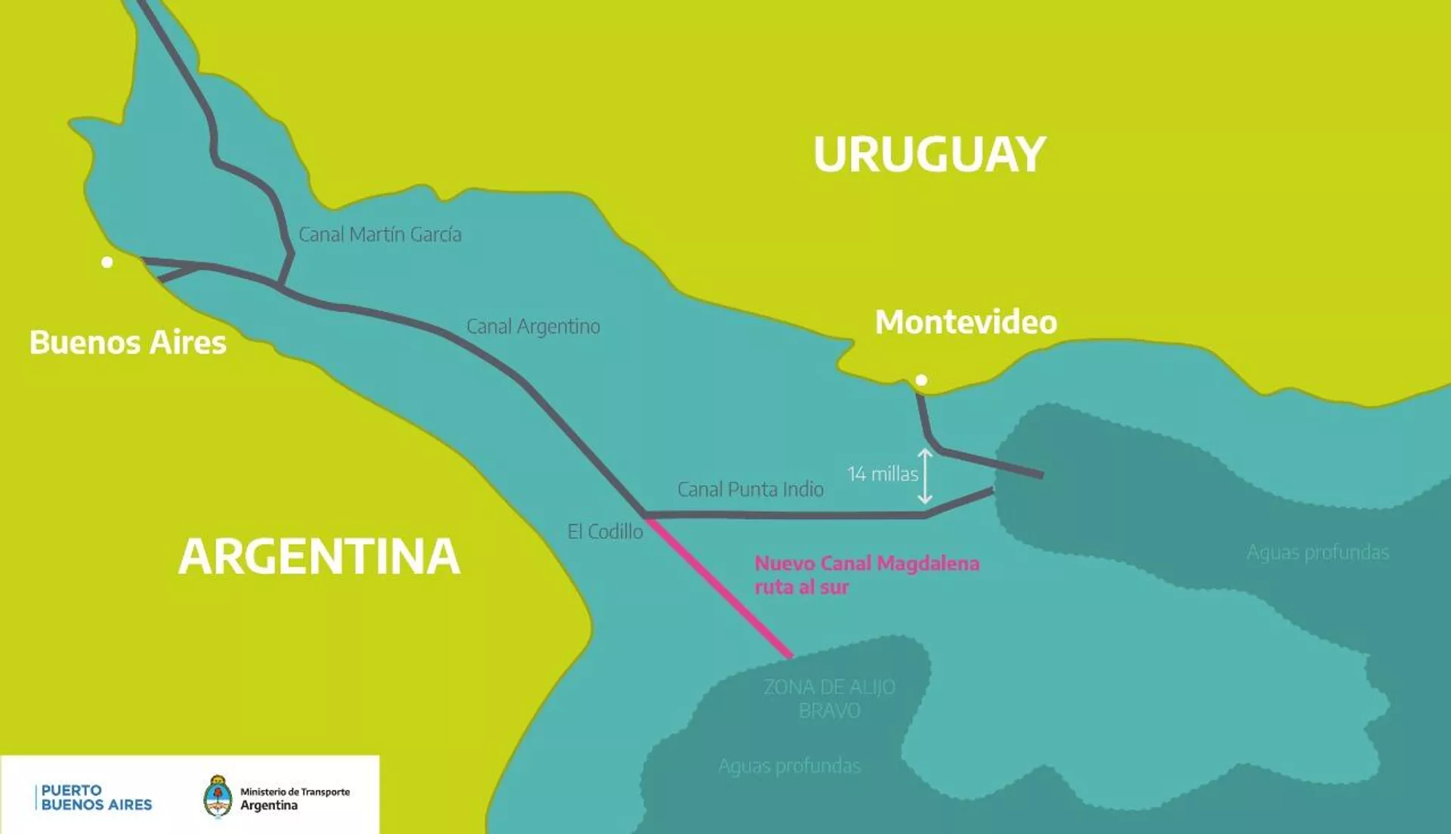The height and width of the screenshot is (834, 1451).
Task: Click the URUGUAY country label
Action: point(929,154)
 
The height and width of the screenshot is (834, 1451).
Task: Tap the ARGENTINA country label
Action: point(319,557)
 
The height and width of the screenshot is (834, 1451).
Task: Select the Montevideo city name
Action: point(965,323)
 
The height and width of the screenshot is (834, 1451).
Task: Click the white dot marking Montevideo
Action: point(921,380)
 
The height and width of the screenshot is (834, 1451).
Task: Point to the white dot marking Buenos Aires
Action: point(107,262)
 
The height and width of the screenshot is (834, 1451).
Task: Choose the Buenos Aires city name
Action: point(128,343)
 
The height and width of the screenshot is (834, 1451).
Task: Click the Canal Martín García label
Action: point(379,235)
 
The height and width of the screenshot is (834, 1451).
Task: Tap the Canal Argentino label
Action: point(533,326)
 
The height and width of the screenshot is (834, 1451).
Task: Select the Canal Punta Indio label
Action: point(750,490)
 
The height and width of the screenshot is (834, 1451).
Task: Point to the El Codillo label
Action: point(605,532)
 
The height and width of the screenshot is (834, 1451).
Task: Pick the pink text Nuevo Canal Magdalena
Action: point(866,564)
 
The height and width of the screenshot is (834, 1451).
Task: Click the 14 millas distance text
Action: point(882,474)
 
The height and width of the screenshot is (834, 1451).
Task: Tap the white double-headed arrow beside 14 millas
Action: point(925,476)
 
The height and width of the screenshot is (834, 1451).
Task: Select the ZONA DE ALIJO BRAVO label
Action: point(829,699)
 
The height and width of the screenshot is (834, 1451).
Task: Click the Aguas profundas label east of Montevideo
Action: point(1317,552)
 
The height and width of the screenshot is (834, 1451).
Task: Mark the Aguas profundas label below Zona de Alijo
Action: point(789,766)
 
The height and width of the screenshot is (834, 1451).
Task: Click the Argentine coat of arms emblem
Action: point(218,797)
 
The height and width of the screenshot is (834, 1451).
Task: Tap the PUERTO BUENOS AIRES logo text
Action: point(95,798)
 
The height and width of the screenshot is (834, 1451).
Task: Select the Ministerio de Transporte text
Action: point(295,792)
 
